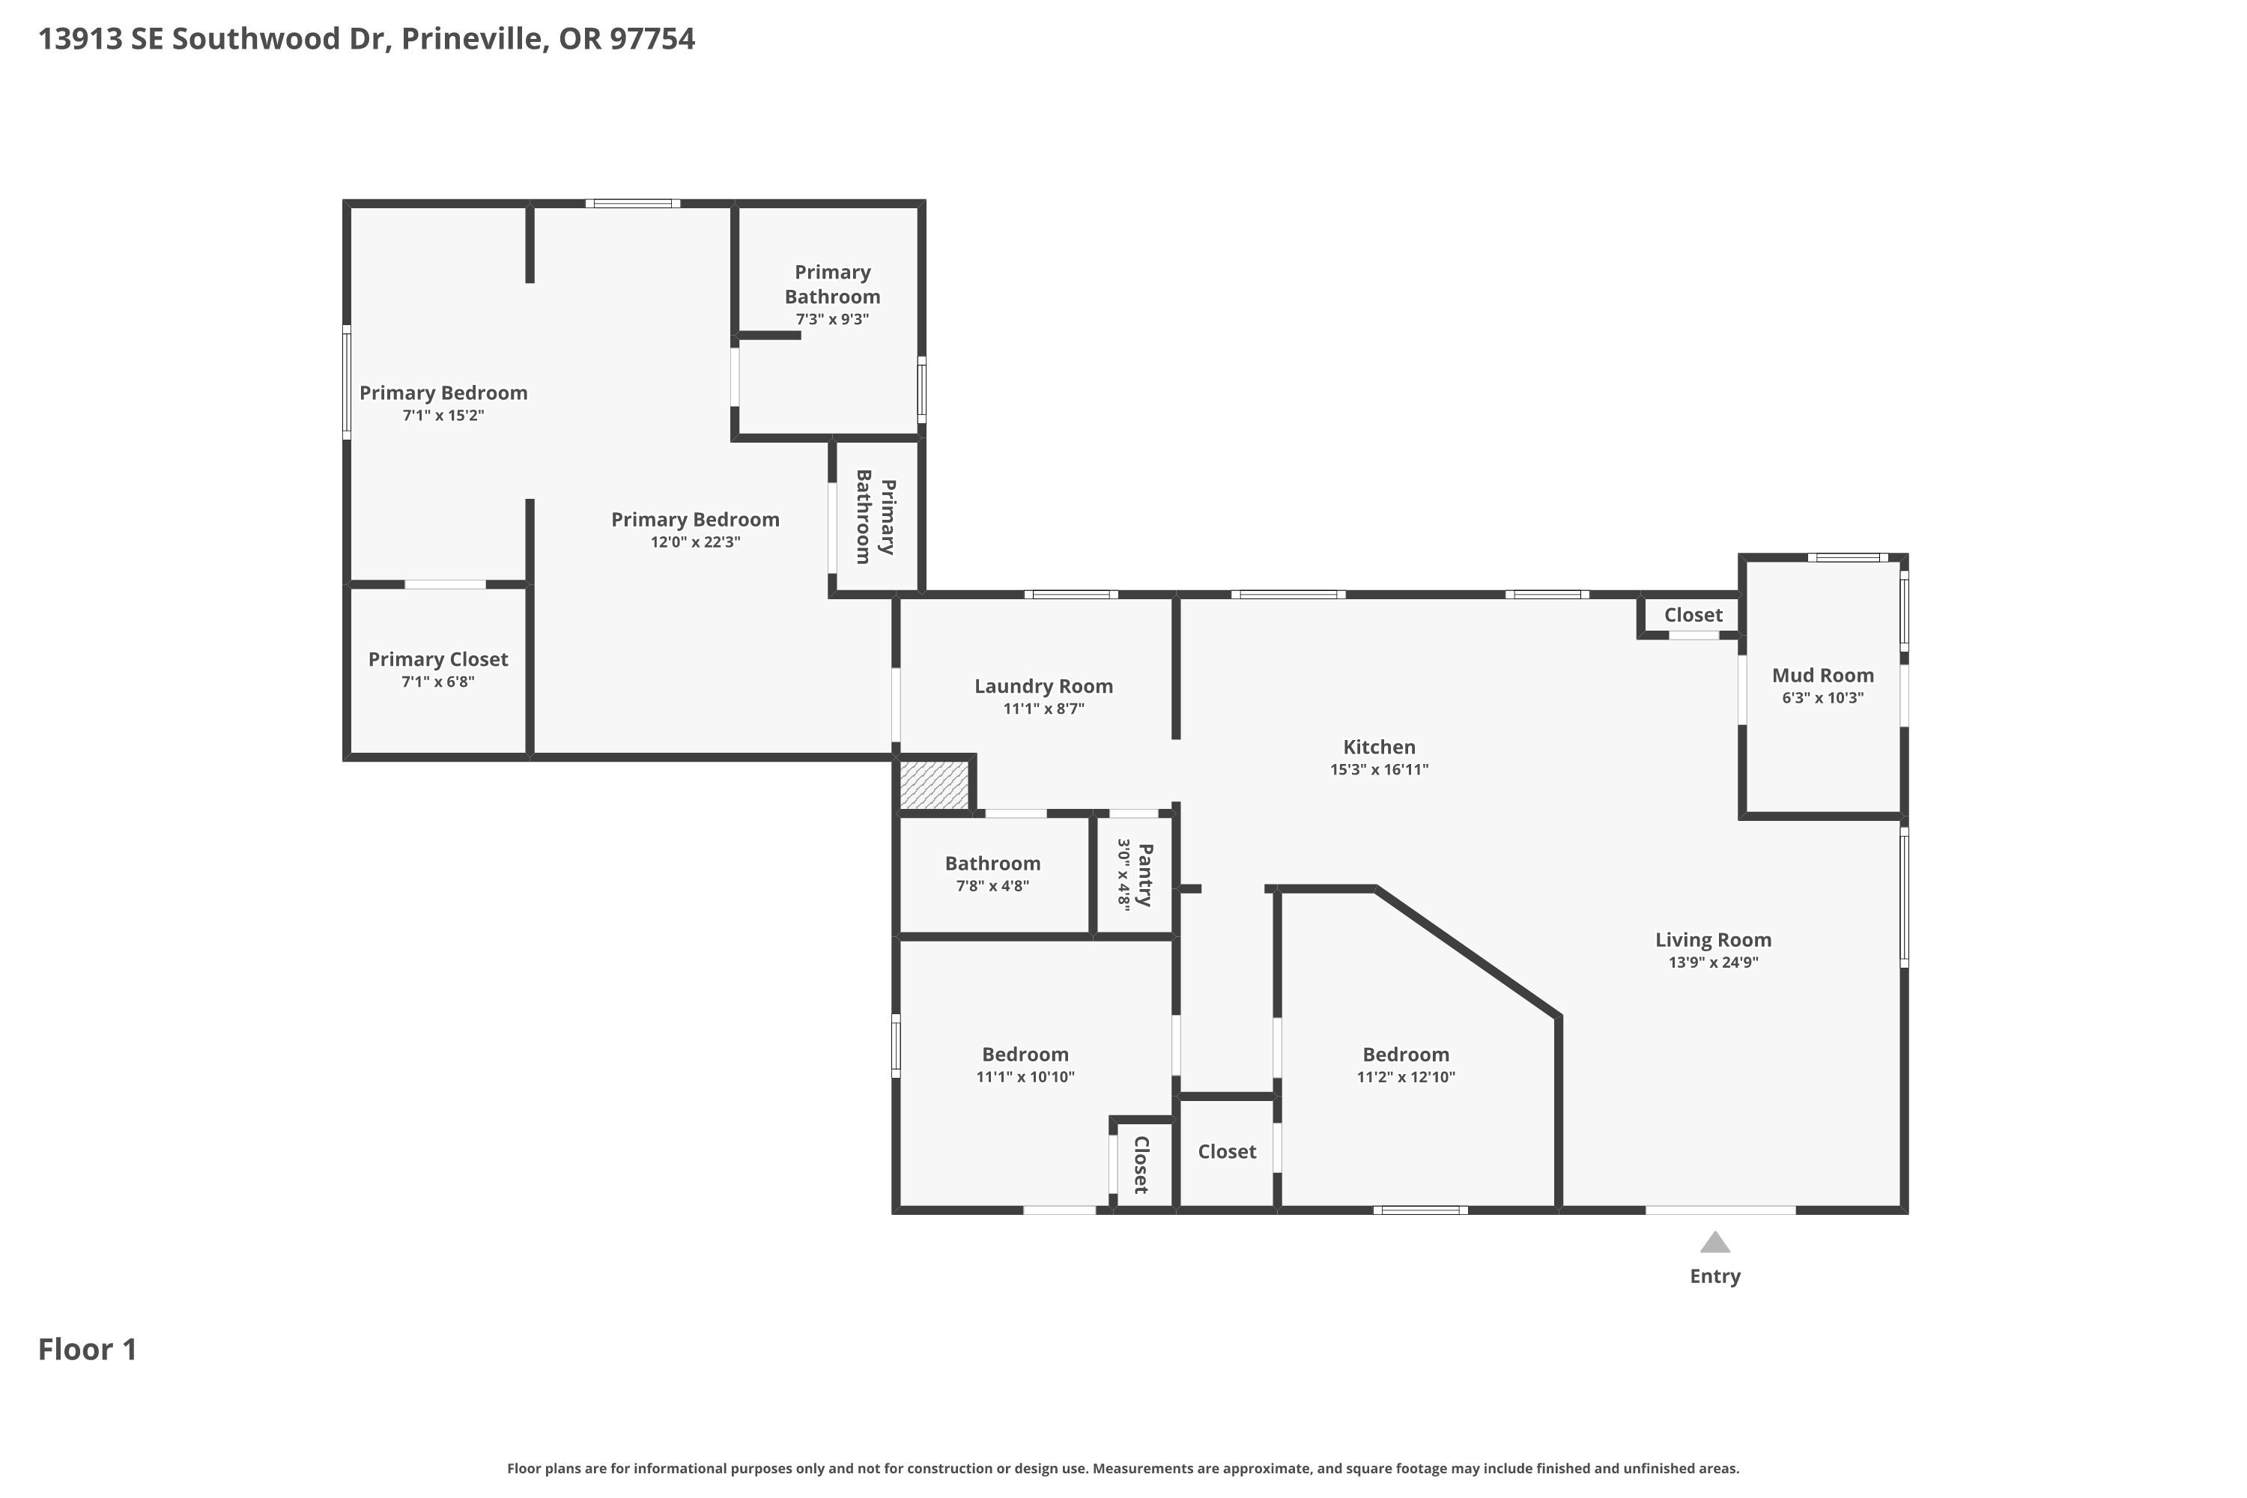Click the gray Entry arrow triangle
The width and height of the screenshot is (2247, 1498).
pos(1715,1242)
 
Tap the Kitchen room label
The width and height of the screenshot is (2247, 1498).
pos(1379,747)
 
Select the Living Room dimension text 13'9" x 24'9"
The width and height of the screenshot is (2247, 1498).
pos(1713,962)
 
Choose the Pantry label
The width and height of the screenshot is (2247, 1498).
pos(1145,875)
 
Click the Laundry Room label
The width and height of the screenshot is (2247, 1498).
pos(1043,686)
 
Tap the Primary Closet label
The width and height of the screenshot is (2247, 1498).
pos(437,659)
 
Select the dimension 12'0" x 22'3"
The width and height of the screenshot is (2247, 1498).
pos(696,542)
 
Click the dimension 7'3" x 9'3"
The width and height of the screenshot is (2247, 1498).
pos(832,319)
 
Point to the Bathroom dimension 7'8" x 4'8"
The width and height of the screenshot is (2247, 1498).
pos(992,885)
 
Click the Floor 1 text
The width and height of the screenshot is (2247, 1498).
pos(87,1349)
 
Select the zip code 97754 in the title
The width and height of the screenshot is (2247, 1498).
pos(652,39)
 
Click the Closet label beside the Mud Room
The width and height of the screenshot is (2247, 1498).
pos(1693,615)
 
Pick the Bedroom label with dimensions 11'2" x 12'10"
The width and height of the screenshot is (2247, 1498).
pos(1405,1055)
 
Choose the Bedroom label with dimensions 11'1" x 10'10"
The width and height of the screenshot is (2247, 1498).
pos(1025,1055)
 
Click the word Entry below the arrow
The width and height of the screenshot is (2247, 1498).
pos(1715,1276)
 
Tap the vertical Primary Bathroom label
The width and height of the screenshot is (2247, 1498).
pos(875,517)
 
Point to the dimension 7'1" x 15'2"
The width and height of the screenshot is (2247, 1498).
pos(443,416)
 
